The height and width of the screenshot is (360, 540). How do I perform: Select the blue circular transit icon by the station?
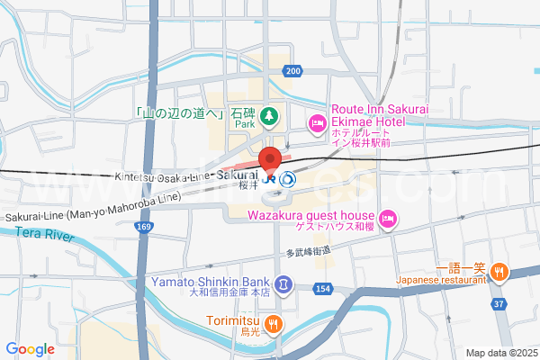click(x=288, y=178)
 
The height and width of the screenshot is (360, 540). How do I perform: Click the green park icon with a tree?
click(x=268, y=116)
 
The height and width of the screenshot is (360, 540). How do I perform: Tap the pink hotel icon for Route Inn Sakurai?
click(x=316, y=121)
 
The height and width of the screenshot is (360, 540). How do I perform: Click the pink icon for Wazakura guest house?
click(x=388, y=217)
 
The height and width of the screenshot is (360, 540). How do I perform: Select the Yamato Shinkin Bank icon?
click(x=283, y=285)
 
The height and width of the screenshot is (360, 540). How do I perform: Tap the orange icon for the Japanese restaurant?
click(x=500, y=271)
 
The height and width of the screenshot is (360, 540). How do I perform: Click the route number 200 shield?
click(x=292, y=70)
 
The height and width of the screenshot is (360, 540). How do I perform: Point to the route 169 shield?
click(x=145, y=229)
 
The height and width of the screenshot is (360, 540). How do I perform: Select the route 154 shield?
click(x=323, y=289)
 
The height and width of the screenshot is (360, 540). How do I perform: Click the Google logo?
click(x=31, y=349)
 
